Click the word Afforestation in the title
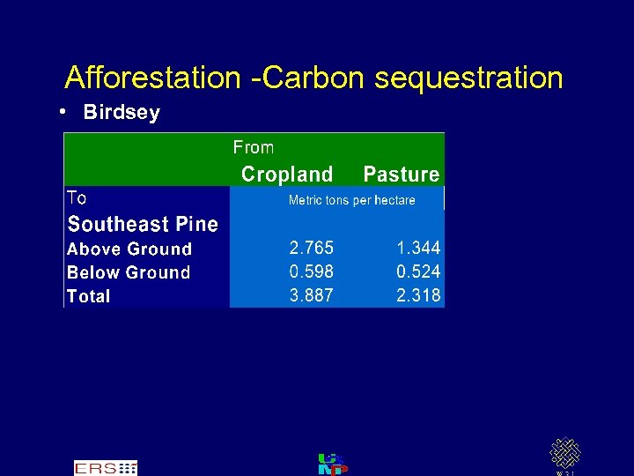pos(152,78)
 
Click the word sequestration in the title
pos(468,78)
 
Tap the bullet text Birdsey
pos(122,113)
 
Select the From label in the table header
pos(254,147)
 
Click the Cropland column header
pos(287,175)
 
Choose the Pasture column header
pos(401,175)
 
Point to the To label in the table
pos(77,197)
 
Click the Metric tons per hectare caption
pos(351,200)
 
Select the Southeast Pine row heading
pos(143,224)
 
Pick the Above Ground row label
pos(129,249)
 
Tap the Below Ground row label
pos(129,273)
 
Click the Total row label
pos(89,297)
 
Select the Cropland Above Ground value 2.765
pos(312,249)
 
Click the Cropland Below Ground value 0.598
pos(312,272)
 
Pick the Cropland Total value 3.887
pos(312,296)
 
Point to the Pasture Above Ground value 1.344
pos(418,249)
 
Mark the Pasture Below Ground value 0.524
pos(418,272)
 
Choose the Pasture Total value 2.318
pos(418,296)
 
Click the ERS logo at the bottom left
pos(105,468)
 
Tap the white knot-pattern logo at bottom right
pos(565,453)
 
